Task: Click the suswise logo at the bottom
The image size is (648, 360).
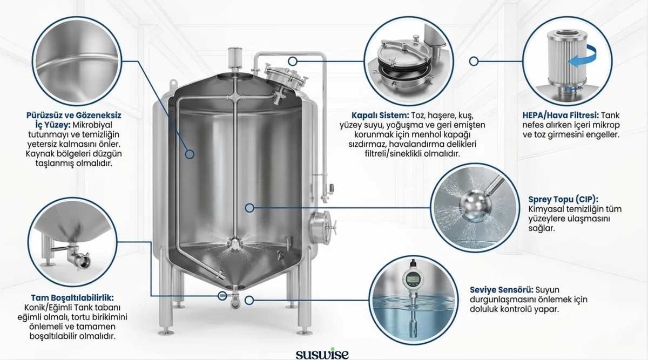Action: pyautogui.click(x=322, y=354)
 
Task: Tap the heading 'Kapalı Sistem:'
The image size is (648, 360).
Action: pyautogui.click(x=380, y=116)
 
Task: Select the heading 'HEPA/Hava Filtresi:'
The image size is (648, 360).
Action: pyautogui.click(x=561, y=116)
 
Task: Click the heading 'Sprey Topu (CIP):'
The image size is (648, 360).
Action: pyautogui.click(x=563, y=200)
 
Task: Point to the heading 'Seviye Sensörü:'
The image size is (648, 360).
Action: pyautogui.click(x=502, y=290)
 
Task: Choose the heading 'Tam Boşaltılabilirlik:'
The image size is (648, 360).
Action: pyautogui.click(x=72, y=298)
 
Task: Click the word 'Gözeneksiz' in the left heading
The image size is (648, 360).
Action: pyautogui.click(x=99, y=116)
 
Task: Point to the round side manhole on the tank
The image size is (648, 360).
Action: pyautogui.click(x=322, y=228)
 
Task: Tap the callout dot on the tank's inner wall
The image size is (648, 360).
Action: pyautogui.click(x=190, y=154)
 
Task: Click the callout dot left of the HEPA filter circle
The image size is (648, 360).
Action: pyautogui.click(x=474, y=62)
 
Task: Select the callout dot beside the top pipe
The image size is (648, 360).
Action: pyautogui.click(x=293, y=62)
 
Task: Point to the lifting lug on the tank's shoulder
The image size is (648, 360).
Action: pyautogui.click(x=173, y=83)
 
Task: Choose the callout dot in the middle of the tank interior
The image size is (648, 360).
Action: pyautogui.click(x=249, y=208)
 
